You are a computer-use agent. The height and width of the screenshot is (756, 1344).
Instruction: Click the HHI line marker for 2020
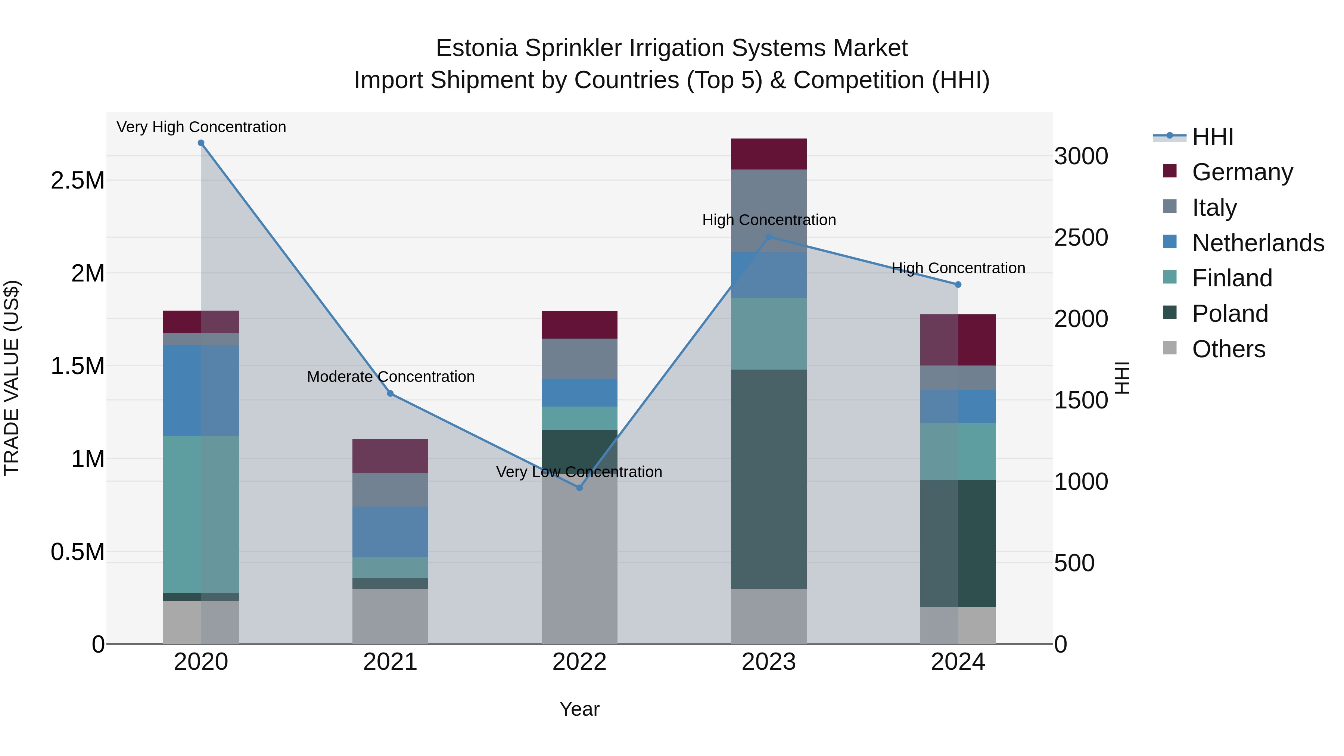(201, 143)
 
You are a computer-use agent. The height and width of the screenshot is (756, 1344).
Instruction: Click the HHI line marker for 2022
(579, 487)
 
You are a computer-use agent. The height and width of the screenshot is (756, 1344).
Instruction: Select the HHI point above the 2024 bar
(958, 284)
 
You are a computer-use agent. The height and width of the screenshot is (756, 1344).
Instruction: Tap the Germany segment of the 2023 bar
(769, 154)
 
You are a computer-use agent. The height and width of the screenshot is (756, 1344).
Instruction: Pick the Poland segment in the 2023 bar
(769, 479)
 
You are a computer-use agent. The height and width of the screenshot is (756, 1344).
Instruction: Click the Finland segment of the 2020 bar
(201, 514)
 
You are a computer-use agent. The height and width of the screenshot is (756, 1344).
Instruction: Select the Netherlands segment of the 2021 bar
(390, 532)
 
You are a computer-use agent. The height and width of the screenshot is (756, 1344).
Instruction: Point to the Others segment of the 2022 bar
(579, 563)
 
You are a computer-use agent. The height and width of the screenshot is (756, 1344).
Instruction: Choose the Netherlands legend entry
(1257, 243)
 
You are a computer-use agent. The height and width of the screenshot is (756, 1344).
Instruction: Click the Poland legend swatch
(1170, 313)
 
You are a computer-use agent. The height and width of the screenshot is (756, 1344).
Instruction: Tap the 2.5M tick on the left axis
(77, 181)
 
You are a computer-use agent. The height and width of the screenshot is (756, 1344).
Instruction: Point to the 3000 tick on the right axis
(1081, 156)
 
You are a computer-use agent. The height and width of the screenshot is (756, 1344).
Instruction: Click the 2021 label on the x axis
(390, 662)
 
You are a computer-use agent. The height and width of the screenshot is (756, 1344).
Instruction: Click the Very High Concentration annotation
(201, 127)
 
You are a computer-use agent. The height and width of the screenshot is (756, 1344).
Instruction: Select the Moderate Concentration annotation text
(390, 376)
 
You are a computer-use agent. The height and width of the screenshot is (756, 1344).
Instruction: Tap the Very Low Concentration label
(579, 472)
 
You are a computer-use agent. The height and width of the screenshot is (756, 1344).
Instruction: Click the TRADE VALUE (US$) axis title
(12, 378)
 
